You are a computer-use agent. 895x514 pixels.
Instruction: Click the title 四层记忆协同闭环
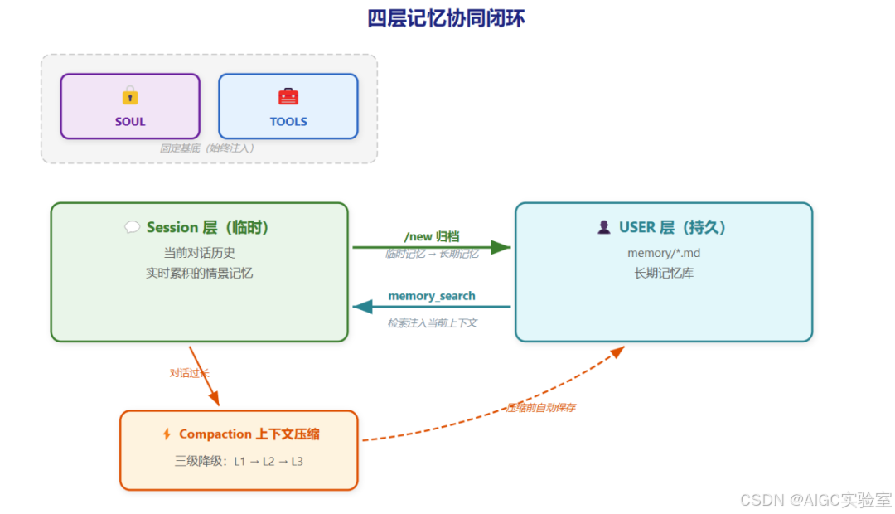pos(446,18)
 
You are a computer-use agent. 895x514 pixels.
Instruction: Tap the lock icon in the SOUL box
pos(130,95)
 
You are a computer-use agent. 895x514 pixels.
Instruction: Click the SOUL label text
pos(130,122)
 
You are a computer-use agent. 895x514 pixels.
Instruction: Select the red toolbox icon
pos(288,96)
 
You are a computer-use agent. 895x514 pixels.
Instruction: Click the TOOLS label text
pos(288,122)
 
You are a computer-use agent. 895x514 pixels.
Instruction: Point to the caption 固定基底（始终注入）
pos(207,148)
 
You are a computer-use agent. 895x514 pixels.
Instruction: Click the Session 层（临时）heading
pos(208,227)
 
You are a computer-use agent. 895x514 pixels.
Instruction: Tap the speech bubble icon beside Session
pos(132,227)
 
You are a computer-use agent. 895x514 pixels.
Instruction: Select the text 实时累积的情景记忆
pos(199,273)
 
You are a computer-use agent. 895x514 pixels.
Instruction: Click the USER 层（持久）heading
pos(672,227)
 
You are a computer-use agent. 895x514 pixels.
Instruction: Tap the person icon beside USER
pos(603,227)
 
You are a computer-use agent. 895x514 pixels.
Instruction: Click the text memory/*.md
pos(663,253)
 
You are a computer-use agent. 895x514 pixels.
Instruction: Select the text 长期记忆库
pos(663,273)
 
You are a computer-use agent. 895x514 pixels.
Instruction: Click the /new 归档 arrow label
pos(431,236)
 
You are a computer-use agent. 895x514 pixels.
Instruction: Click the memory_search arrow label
pos(431,296)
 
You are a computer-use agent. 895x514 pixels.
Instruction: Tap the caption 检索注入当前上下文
pos(432,323)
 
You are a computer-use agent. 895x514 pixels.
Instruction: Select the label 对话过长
pos(190,373)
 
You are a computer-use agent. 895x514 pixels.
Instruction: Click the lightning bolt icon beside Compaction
pos(167,434)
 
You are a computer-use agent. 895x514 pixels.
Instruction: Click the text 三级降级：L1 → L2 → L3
pos(239,461)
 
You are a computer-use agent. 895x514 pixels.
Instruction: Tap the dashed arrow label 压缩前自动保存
pos(541,408)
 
